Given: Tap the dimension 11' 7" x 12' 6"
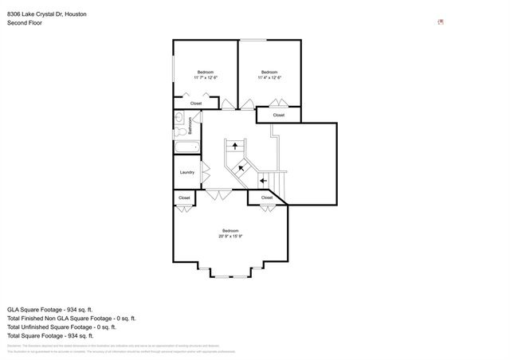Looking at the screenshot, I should point(206,78).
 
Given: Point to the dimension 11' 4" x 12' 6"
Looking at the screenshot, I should point(269,78).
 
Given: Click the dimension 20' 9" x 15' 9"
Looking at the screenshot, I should point(229,236).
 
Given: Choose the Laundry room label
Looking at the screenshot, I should point(187,172).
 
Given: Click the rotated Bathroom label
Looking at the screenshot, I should point(190,126).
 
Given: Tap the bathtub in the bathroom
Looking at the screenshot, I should point(186,147).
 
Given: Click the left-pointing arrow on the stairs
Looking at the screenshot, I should point(263,181).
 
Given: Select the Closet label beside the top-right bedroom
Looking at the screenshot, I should point(278,115).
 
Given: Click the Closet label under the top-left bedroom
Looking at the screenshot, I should point(196,104).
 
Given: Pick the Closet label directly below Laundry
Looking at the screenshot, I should point(184,198).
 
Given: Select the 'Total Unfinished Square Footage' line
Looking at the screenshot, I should point(61,327).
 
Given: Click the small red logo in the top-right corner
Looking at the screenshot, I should point(441,22).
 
